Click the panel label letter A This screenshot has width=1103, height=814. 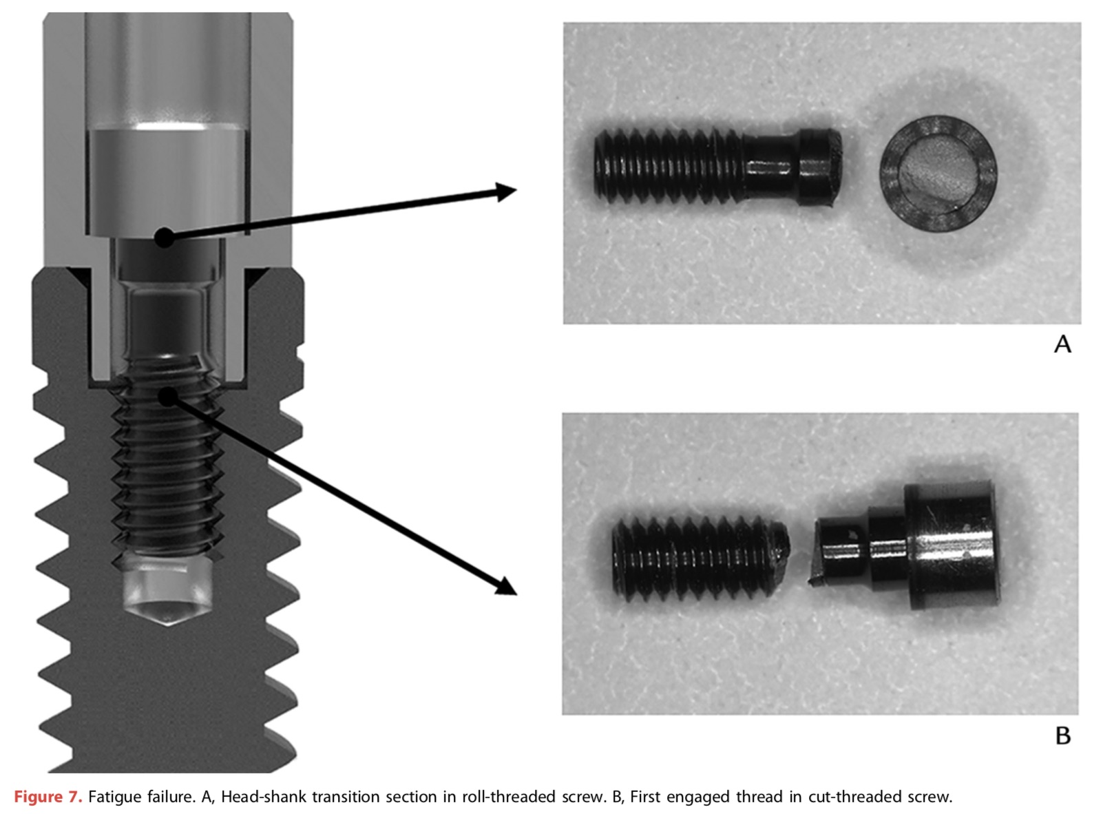[1062, 344]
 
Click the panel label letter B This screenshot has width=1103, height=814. [1062, 735]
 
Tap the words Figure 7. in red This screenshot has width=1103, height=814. [48, 797]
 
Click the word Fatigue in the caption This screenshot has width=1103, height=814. [116, 797]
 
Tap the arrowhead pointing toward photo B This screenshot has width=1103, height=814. [507, 587]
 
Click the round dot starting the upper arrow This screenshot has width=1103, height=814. [164, 238]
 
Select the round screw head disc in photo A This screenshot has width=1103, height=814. [938, 174]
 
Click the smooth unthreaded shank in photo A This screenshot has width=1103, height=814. [771, 167]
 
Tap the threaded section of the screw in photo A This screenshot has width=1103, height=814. [669, 167]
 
